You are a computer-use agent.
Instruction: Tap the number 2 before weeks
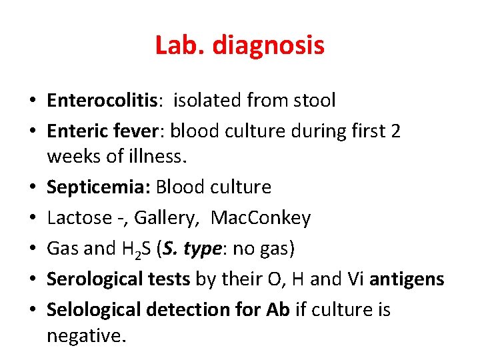(395, 131)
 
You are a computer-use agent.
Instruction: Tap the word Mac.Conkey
(261, 218)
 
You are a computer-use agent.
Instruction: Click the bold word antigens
(407, 279)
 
